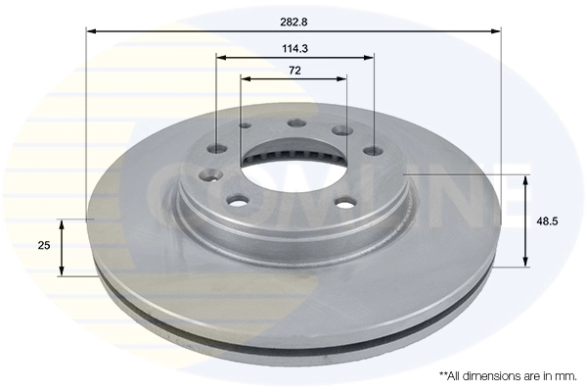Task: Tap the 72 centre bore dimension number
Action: (x=293, y=70)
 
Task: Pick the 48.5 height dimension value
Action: (x=548, y=221)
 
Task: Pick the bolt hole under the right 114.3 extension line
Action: (x=373, y=151)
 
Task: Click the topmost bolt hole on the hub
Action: (x=294, y=123)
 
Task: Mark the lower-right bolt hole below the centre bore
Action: (x=344, y=204)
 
